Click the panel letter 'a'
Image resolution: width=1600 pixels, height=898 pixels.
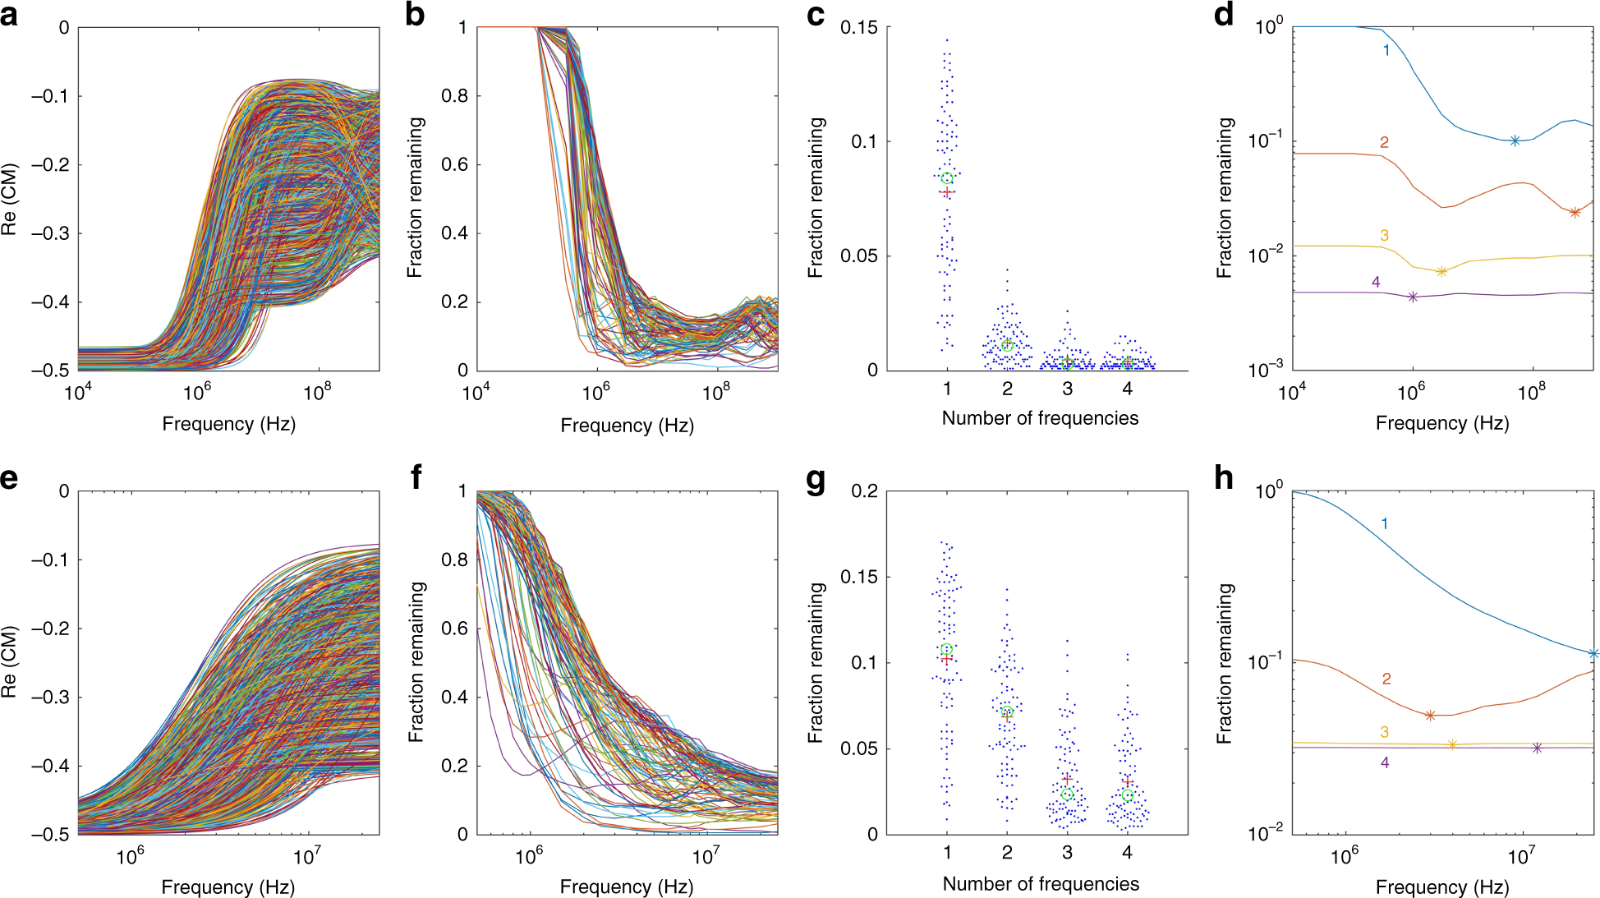pos(9,16)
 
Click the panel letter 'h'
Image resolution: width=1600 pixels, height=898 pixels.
pos(1223,478)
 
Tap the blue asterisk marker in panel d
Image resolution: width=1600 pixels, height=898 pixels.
pos(1515,140)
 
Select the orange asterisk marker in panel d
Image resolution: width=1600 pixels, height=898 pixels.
pos(1575,212)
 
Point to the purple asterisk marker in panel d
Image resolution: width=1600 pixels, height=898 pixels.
pos(1413,297)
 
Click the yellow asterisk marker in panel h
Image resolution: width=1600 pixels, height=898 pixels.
pos(1452,744)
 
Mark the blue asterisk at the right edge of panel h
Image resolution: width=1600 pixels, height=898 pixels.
pos(1593,654)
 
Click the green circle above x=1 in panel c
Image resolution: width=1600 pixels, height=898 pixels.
pos(947,178)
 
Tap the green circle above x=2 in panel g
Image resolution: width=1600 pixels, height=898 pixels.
pos(1007,711)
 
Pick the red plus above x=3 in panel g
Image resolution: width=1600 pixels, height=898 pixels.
pos(1067,778)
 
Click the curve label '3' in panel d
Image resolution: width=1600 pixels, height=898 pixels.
pos(1384,236)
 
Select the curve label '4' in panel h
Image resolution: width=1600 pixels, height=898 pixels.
pos(1385,762)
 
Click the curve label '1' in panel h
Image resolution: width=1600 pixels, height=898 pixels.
pos(1385,523)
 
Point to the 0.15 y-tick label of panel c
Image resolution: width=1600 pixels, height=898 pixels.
pos(858,28)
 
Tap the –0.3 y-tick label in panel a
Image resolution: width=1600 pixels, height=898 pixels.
pos(50,233)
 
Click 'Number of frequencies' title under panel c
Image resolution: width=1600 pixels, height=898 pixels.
pos(1040,418)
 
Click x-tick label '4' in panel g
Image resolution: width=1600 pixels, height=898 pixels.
pos(1127,853)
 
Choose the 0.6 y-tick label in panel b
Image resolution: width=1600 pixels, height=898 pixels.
pos(454,165)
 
